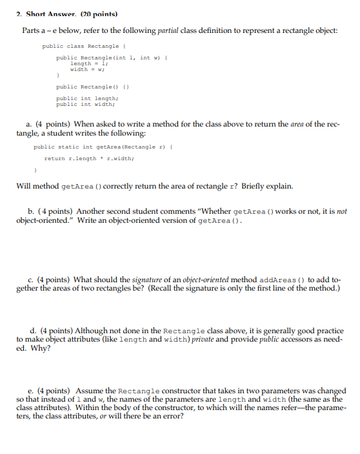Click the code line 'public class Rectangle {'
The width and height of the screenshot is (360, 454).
(x=82, y=46)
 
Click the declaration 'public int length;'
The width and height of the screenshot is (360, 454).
(x=86, y=98)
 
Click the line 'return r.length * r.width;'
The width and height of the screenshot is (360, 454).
(x=89, y=158)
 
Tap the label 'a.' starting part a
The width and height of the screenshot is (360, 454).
(x=29, y=124)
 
